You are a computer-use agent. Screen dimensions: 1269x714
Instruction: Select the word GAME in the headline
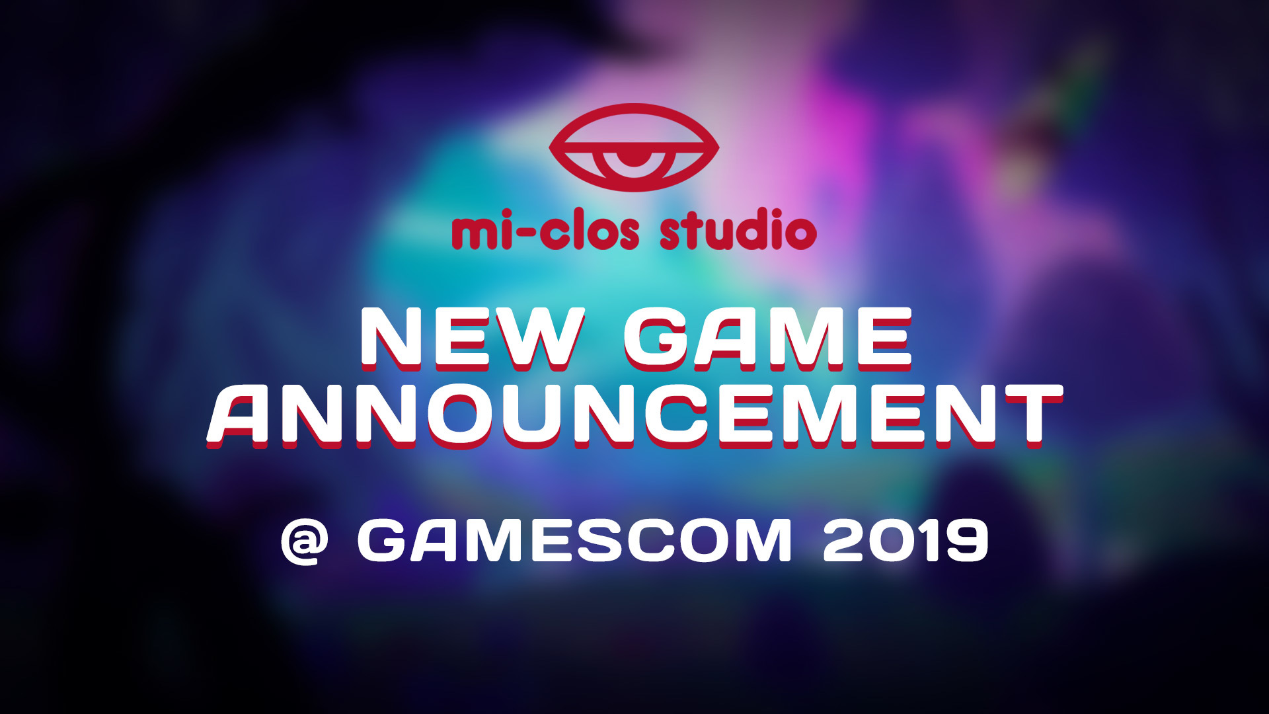pyautogui.click(x=768, y=338)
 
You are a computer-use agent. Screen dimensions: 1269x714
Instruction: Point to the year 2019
pyautogui.click(x=905, y=541)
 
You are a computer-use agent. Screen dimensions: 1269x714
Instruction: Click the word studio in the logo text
pyautogui.click(x=738, y=230)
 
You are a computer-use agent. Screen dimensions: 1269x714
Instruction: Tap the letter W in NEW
pyautogui.click(x=536, y=338)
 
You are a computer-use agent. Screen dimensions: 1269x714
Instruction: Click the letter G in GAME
pyautogui.click(x=658, y=338)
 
